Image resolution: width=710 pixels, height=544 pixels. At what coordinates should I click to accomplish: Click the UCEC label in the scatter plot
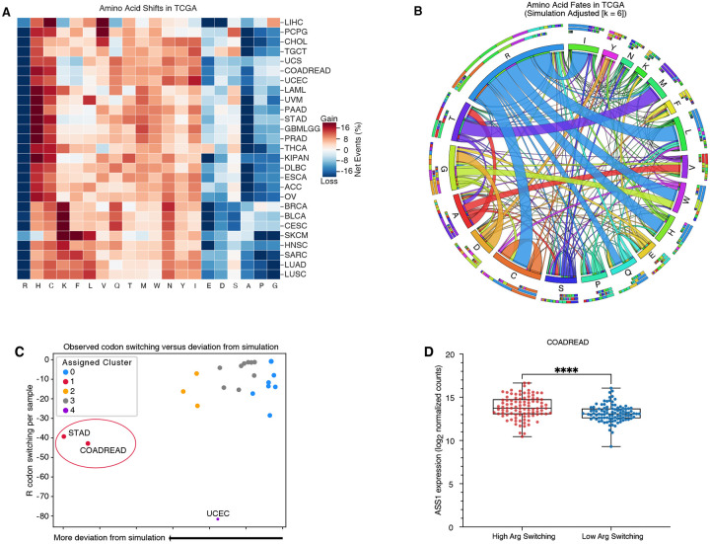(x=218, y=513)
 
